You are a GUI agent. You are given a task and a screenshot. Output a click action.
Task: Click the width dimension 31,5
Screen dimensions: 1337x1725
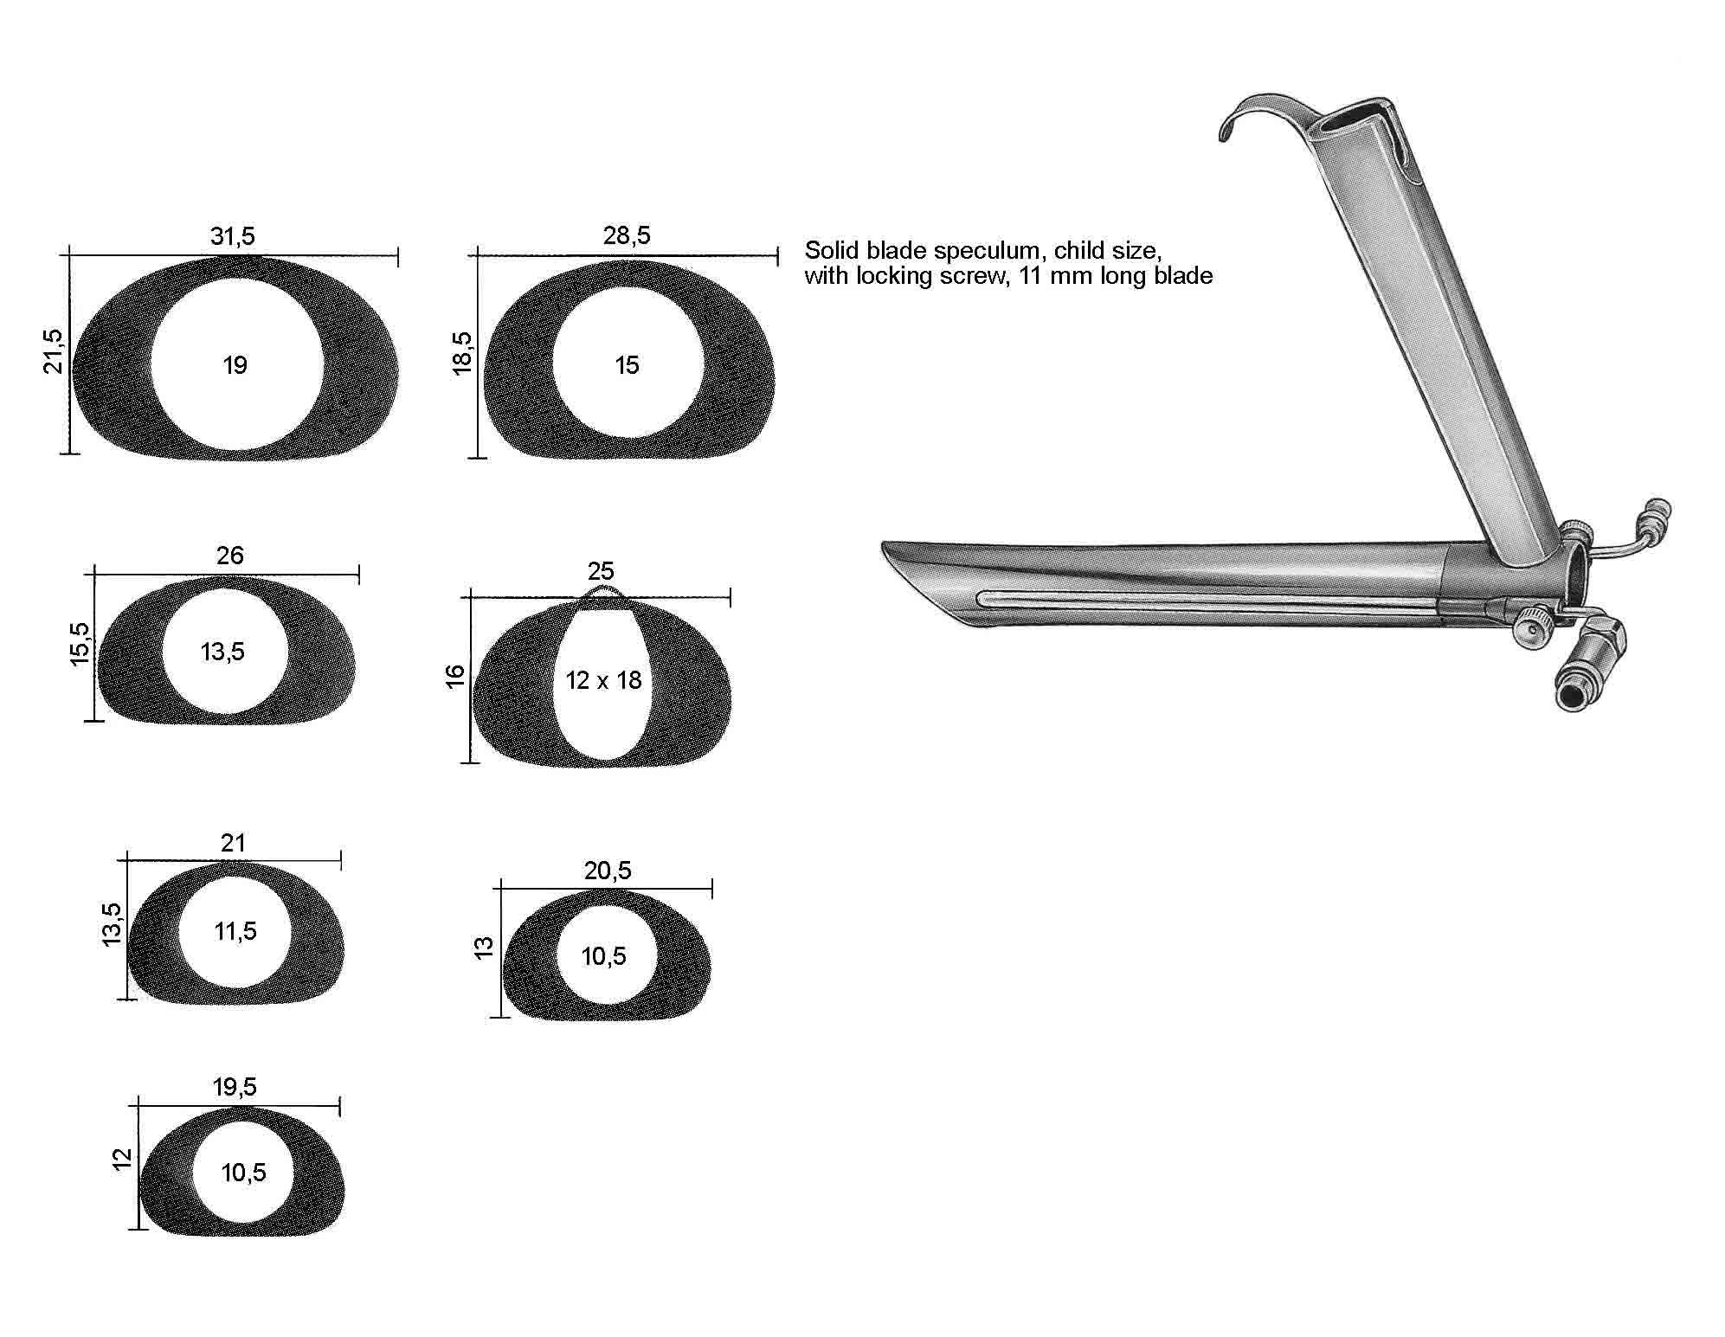(x=233, y=236)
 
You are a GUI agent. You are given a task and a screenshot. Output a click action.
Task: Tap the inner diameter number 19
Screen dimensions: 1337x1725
(x=235, y=365)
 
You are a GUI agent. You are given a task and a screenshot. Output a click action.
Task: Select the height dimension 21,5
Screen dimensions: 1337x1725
(x=54, y=350)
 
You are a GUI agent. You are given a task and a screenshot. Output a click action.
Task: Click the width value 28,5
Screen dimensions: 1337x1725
(x=627, y=235)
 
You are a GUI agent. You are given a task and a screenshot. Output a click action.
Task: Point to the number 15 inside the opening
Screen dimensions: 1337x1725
(x=627, y=365)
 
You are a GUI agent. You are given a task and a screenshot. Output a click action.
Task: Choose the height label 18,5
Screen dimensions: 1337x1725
(x=462, y=352)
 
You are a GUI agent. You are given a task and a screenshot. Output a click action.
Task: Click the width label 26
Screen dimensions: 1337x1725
(x=230, y=556)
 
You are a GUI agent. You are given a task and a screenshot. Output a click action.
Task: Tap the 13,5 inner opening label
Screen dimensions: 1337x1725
(x=222, y=652)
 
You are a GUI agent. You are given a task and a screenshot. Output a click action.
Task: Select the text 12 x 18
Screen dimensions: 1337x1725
(x=603, y=680)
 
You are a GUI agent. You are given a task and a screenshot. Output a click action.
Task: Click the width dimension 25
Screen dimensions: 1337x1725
(x=601, y=571)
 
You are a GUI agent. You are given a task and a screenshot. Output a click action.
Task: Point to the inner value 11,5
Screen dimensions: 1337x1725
(x=235, y=931)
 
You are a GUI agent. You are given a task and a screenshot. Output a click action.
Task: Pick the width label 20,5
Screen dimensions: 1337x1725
(x=608, y=871)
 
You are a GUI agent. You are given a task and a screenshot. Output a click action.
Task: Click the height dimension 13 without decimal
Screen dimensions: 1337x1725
(x=484, y=947)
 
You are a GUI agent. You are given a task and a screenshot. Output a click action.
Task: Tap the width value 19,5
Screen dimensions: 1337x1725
(x=235, y=1087)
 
